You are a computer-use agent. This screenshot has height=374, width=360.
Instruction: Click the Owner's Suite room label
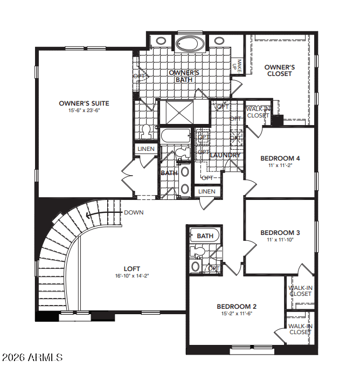[x=84, y=103]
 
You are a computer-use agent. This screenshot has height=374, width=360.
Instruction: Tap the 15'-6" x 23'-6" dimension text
[x=84, y=110]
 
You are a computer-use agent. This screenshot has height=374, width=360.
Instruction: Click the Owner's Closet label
[x=279, y=71]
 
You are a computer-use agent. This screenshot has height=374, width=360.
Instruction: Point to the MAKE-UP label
[x=237, y=66]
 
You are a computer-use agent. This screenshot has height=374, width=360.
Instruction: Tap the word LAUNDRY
[x=225, y=155]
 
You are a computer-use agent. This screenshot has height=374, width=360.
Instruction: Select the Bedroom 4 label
[x=280, y=158]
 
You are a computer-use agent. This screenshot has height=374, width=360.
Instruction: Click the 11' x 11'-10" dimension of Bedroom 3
[x=280, y=240]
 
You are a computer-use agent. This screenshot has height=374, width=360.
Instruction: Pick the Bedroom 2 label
[x=237, y=307]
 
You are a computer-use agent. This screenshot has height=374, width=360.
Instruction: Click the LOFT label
[x=132, y=269]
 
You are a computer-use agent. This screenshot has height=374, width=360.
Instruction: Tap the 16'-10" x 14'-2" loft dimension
[x=132, y=276]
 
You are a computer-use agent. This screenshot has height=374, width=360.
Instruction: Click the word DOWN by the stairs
[x=134, y=212]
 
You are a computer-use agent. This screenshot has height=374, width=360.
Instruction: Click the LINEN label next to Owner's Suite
[x=146, y=149]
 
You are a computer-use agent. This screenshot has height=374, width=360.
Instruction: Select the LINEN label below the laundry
[x=207, y=191]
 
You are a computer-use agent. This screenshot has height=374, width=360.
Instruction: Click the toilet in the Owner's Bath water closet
[x=146, y=133]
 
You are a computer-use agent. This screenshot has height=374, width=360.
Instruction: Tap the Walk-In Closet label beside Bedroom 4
[x=258, y=112]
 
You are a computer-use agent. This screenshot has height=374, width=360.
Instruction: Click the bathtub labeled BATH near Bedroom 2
[x=205, y=236]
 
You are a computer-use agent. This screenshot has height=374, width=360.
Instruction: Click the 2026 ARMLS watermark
[x=32, y=357]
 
